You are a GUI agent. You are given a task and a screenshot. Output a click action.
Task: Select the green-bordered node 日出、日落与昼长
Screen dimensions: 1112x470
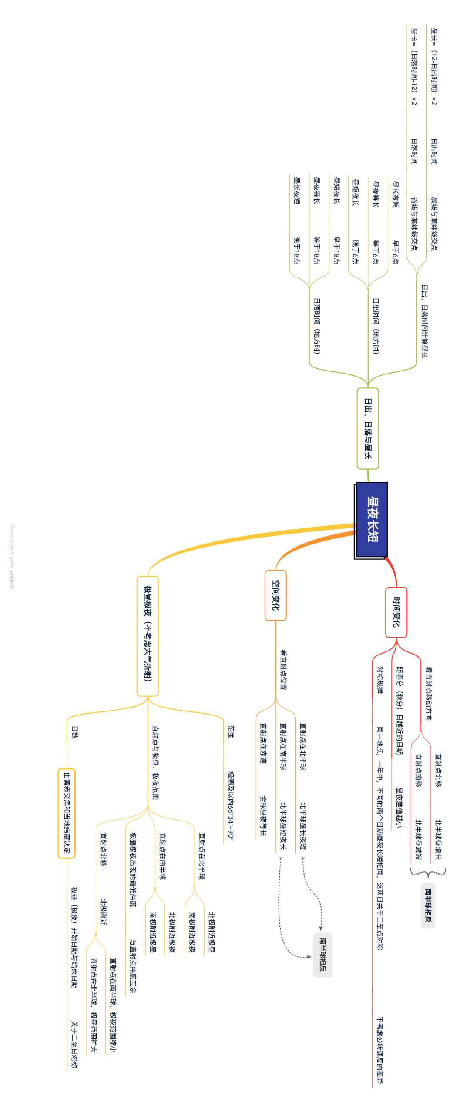tap(368, 428)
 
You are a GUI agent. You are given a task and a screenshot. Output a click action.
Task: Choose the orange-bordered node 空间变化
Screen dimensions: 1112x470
tap(275, 594)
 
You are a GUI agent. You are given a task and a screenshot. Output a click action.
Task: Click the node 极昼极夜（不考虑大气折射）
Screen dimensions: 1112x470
tap(148, 635)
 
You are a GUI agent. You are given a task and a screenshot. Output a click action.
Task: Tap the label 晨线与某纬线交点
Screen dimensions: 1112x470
tap(434, 224)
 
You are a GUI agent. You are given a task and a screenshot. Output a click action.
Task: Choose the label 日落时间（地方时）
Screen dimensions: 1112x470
tap(317, 326)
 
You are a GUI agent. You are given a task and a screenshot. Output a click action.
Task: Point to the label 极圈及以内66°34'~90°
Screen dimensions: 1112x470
tap(231, 806)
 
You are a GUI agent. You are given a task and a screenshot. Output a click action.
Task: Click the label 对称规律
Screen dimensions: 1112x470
tap(380, 679)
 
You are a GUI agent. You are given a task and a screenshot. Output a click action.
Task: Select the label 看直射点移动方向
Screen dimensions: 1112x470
tap(429, 693)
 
